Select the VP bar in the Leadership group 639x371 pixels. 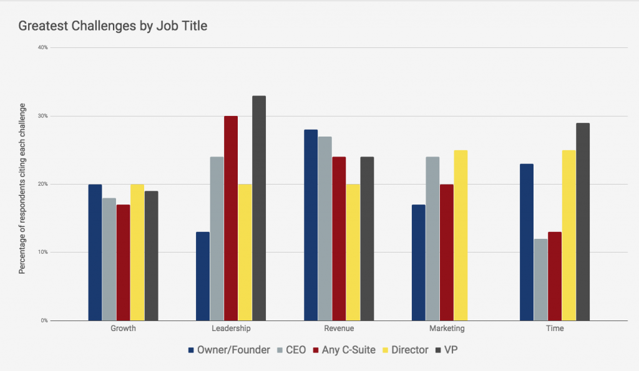259,208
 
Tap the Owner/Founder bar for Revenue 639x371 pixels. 311,225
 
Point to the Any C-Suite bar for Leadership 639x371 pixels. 231,218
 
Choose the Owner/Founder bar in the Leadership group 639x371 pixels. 203,276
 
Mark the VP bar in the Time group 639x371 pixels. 583,222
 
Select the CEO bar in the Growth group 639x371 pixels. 109,259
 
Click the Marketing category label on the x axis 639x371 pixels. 447,329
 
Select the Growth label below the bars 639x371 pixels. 123,329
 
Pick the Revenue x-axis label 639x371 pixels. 339,329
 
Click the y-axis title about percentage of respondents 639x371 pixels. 22,184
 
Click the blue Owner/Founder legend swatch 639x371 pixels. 192,350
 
